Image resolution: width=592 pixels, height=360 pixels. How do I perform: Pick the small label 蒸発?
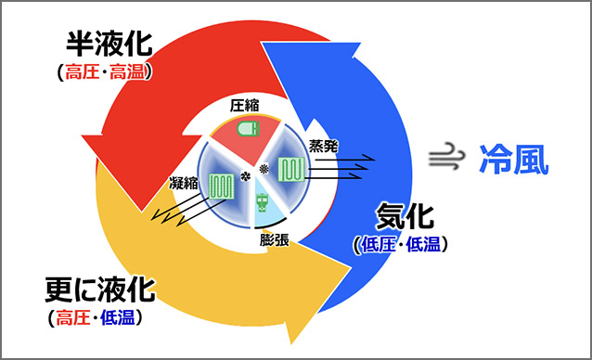pos(322,146)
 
